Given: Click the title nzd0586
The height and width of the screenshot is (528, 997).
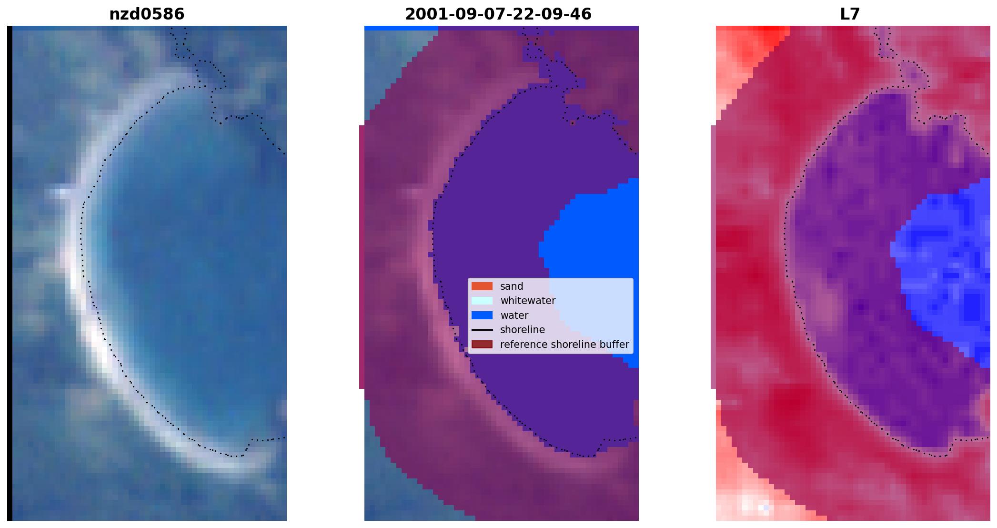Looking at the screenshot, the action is (x=147, y=14).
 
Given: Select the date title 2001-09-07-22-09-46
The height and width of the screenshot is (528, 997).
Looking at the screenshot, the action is (x=498, y=14).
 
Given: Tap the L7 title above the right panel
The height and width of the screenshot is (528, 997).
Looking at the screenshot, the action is (x=850, y=14).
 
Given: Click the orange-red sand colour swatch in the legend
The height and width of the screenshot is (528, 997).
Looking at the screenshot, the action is (x=482, y=286).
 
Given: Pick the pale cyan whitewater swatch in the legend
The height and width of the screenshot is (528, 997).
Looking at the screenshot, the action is (x=482, y=301).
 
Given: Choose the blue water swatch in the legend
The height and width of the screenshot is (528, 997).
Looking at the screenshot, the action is (x=482, y=315).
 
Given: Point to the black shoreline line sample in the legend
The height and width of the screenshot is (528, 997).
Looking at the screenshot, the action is (x=482, y=330).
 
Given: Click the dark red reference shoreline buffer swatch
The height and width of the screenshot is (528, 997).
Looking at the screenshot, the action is (x=482, y=345).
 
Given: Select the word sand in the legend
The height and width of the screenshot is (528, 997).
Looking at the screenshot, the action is (x=512, y=286).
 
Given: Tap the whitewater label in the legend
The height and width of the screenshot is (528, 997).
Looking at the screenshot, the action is (x=528, y=301).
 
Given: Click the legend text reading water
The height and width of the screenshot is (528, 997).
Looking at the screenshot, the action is (x=514, y=315).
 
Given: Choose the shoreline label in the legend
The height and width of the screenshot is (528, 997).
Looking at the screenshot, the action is (x=523, y=330).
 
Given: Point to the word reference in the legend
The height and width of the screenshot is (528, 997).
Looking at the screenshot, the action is (x=523, y=345).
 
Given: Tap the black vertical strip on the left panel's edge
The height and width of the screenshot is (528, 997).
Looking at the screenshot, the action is (x=10, y=273).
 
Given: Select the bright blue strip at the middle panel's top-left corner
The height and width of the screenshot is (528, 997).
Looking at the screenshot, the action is (x=401, y=28).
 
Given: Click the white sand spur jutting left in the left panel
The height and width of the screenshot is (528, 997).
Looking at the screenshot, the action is (x=62, y=193).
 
